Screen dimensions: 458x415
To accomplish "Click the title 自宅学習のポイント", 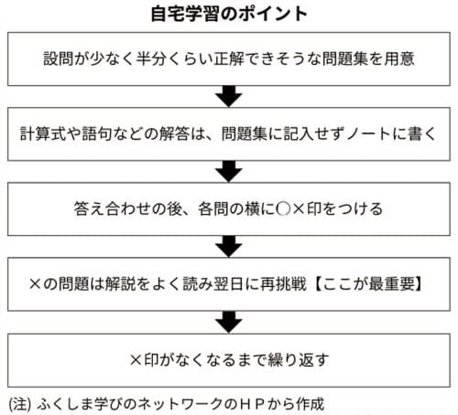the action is pos(229,14).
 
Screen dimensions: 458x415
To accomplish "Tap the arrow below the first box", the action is pos(229,96).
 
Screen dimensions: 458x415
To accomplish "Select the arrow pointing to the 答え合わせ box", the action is pos(229,171).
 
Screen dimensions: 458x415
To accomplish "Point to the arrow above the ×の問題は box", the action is pos(229,246).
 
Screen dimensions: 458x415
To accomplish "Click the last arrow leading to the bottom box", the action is pos(229,322).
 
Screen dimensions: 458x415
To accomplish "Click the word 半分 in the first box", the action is pos(151,59).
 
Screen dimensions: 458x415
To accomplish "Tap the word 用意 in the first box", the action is pos(399,59).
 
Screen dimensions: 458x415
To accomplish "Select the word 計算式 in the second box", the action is pos(43,133).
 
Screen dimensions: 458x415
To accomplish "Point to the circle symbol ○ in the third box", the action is pos(283,209).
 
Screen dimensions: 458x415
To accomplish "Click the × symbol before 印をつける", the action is pos(299,209).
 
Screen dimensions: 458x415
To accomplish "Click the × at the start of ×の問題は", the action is pos(35,284).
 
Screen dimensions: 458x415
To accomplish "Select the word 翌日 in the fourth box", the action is pos(228,284).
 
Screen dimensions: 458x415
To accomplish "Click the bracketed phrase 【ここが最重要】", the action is pos(369,284).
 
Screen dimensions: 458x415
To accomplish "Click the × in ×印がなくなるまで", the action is pos(136,360).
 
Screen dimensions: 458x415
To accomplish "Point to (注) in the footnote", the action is pos(20,404).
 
